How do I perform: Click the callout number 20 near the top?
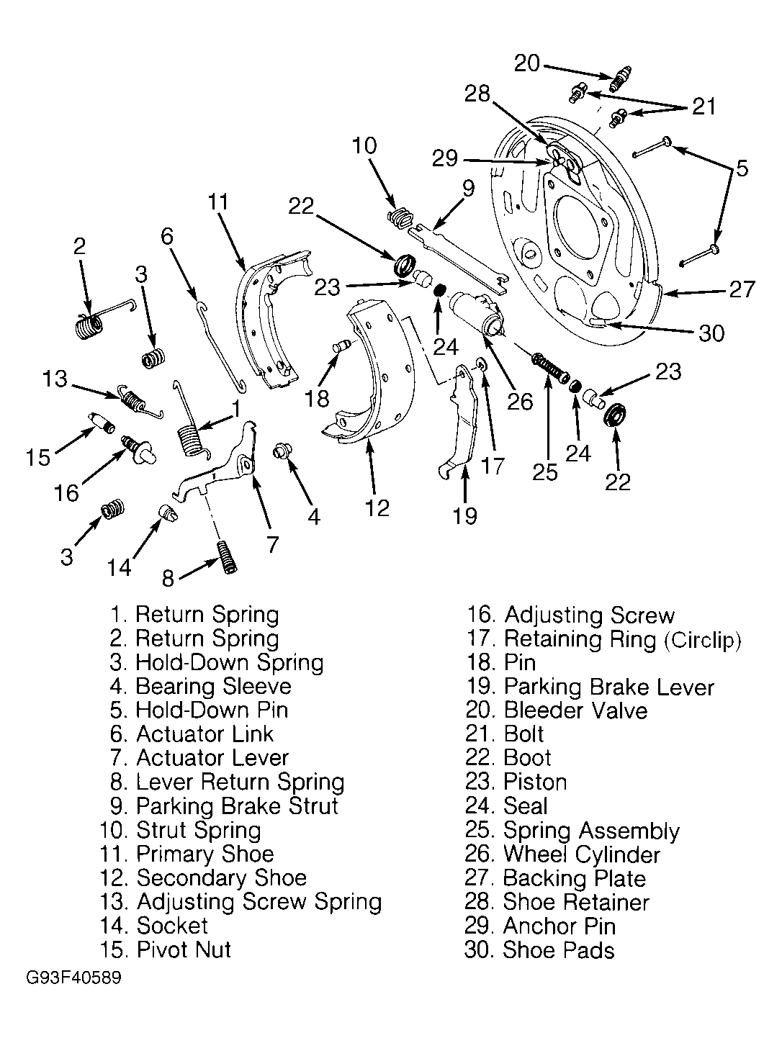coord(527,63)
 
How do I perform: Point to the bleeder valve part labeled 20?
coord(620,78)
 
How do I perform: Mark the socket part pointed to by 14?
coord(167,514)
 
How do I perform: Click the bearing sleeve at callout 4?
coord(281,452)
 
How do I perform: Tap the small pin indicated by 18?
coord(341,347)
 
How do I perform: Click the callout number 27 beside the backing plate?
coord(741,289)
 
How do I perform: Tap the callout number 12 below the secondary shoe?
coord(377,508)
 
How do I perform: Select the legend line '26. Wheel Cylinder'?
coord(562,854)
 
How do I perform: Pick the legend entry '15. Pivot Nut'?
coord(166,949)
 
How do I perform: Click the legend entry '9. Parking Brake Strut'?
coord(220,806)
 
